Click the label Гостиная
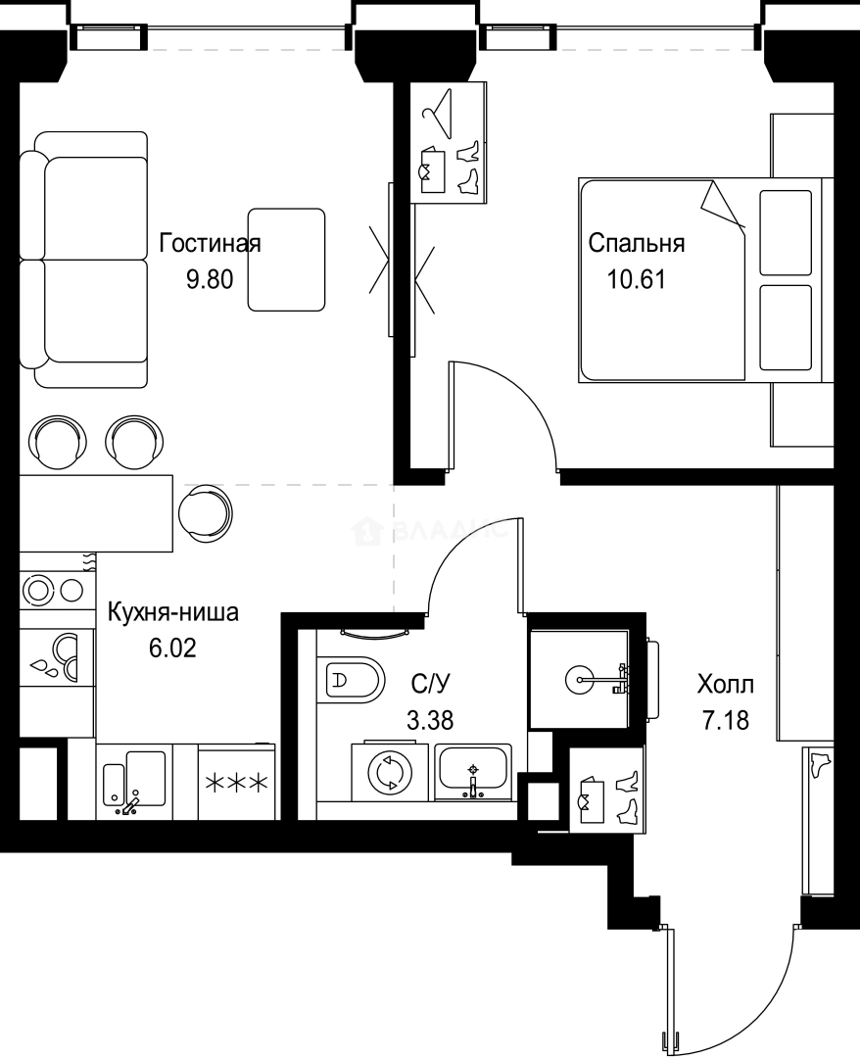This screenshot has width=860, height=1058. point(210,243)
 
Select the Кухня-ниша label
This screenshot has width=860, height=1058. point(172,614)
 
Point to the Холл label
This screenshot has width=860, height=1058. point(725,683)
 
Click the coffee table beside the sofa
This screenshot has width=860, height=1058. point(286,260)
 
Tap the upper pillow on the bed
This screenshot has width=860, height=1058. point(786,232)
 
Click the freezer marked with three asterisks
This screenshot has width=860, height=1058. point(236,781)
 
